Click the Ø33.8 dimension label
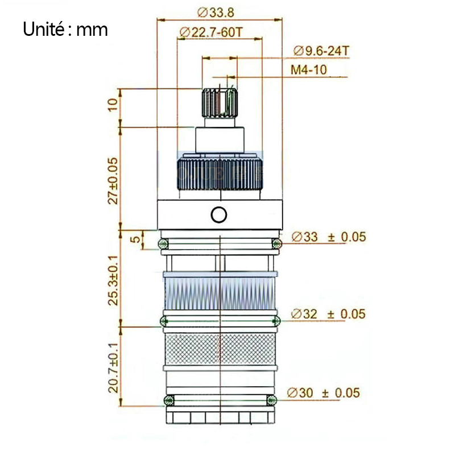point(216,13)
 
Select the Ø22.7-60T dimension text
point(210,32)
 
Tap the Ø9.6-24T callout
point(321,51)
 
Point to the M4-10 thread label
point(309,70)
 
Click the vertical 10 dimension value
point(113,105)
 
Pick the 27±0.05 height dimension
point(113,181)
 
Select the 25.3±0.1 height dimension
point(113,280)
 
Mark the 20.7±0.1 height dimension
point(113,367)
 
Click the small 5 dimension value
point(135,239)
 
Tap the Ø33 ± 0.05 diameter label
point(329,237)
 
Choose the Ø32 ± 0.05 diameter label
point(328,314)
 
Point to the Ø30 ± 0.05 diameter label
point(324,393)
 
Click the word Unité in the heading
point(44,29)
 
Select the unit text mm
point(92,31)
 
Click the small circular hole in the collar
point(219,215)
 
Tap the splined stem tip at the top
point(220,104)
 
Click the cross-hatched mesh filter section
point(220,349)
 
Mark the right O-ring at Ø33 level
point(276,243)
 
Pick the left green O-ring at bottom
point(169,400)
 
